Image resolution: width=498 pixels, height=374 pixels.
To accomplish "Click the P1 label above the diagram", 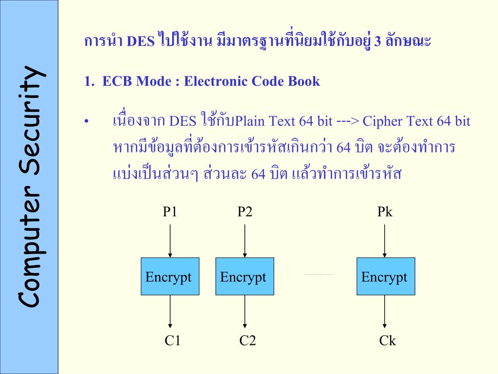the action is point(170,212).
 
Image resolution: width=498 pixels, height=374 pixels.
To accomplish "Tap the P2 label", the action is point(245,212).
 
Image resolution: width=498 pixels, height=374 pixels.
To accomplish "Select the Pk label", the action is point(385,212).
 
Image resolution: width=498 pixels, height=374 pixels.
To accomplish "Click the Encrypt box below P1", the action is point(170,276).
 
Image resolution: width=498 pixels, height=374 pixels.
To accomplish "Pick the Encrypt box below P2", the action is point(245,276).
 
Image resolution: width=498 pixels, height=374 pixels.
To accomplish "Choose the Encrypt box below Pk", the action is point(386,276).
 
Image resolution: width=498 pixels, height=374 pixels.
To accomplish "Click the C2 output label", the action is point(248,340).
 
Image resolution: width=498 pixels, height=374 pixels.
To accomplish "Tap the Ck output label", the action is point(388,340).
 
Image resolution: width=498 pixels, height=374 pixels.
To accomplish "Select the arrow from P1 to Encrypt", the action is point(170,239).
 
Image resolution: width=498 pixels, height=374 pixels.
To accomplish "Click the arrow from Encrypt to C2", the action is point(245,312).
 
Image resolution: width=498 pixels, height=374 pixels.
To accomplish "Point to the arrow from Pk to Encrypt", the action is point(385,239).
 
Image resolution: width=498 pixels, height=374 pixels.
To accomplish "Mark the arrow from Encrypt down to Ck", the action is point(385,312).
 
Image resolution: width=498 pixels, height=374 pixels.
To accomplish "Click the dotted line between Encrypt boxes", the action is point(318,274).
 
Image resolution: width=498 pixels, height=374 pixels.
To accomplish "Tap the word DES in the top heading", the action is point(141,41).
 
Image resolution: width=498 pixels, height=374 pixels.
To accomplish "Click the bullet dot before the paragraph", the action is point(87,122).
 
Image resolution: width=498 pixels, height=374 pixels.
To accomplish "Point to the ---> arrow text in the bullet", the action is point(347,121).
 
